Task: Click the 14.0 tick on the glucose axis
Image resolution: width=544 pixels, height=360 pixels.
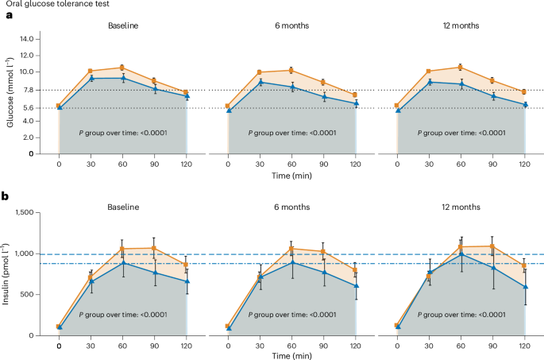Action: (42, 38)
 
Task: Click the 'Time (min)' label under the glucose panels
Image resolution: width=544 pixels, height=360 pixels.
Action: (291, 173)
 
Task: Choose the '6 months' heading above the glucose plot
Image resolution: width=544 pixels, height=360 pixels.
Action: (291, 25)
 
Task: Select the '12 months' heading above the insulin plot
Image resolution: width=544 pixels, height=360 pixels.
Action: (461, 207)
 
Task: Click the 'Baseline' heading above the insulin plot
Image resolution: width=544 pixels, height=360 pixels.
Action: (122, 207)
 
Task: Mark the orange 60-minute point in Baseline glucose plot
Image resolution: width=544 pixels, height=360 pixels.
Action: (122, 68)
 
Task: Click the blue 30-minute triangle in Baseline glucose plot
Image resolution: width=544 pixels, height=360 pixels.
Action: (91, 79)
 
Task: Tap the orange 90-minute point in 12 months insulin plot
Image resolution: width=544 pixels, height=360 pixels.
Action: (492, 246)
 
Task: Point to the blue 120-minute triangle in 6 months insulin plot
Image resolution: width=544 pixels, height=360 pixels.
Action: (355, 285)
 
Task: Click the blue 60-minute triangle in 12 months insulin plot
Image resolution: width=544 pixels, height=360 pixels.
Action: (461, 254)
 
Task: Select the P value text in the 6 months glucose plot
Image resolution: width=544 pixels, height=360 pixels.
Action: (291, 132)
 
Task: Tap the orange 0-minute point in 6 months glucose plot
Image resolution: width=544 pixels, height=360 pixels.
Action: (228, 106)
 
